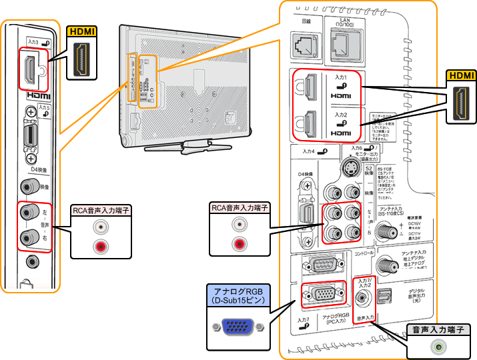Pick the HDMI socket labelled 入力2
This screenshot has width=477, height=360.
pyautogui.click(x=310, y=122)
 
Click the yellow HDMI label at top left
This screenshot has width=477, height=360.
pyautogui.click(x=82, y=31)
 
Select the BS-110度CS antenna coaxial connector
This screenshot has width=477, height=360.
pyautogui.click(x=385, y=231)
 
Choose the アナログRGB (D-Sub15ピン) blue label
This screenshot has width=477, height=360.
pyautogui.click(x=237, y=296)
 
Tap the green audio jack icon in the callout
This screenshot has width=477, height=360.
pyautogui.click(x=438, y=347)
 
